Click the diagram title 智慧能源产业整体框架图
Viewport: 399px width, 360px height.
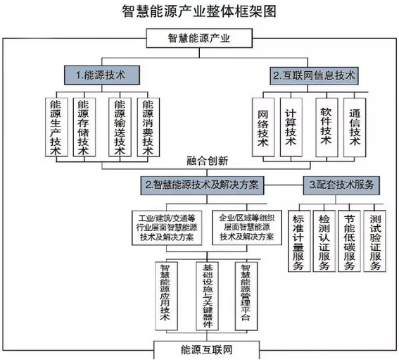(x=199, y=11)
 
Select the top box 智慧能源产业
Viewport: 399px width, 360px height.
(x=199, y=38)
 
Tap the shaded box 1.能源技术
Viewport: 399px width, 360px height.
(x=102, y=75)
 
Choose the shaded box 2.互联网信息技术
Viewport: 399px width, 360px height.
(x=314, y=75)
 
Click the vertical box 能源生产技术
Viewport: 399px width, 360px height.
(x=56, y=127)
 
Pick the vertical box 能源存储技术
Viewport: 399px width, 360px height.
(x=84, y=127)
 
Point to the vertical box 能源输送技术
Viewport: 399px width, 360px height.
(x=120, y=127)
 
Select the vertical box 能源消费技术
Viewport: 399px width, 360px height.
(x=148, y=127)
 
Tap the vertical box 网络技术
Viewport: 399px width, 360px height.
(x=263, y=127)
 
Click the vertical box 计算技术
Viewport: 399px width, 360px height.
(x=291, y=127)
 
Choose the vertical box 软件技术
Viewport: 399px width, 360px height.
(x=327, y=127)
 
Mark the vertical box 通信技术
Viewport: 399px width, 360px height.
(x=355, y=127)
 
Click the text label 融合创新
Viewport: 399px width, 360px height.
(x=208, y=161)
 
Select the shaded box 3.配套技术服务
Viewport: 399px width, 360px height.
(x=341, y=185)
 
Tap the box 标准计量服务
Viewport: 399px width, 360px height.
(x=299, y=241)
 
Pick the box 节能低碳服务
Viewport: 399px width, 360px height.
(x=349, y=241)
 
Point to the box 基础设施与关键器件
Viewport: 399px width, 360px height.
(x=207, y=296)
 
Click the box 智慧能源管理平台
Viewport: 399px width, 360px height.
(x=246, y=296)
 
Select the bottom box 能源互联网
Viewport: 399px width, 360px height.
(x=207, y=350)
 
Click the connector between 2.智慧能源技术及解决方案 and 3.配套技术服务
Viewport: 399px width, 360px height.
(x=284, y=185)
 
